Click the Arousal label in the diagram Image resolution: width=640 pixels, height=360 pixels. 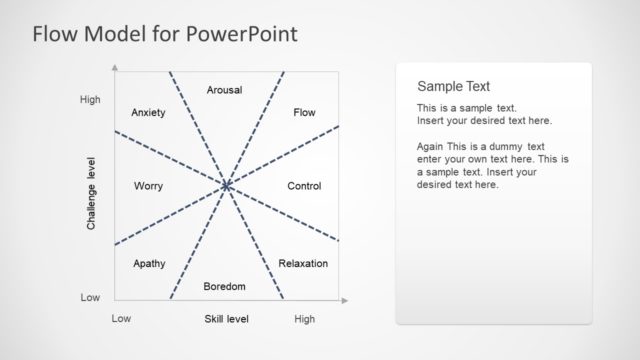pos(224,90)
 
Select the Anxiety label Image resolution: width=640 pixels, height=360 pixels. pos(148,113)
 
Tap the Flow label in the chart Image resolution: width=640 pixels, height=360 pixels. pos(304,113)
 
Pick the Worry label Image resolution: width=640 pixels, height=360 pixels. pos(148,187)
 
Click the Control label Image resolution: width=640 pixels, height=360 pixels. pos(304,187)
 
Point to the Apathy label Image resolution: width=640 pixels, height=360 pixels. pos(148,264)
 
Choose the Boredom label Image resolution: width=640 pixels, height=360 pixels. pos(224,287)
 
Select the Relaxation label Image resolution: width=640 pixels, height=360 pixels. pos(303,264)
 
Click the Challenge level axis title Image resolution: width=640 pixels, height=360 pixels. pos(91,194)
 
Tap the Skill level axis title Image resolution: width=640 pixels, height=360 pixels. pos(226,319)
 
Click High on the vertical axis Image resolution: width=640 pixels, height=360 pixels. pos(90,100)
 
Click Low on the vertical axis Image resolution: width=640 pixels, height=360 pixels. pos(90,298)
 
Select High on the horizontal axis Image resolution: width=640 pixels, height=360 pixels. pos(305,319)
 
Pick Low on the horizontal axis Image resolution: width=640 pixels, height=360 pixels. pos(121,319)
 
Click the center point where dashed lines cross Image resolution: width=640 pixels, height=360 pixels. pos(226,185)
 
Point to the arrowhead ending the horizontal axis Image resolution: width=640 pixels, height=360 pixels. pos(348,299)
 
